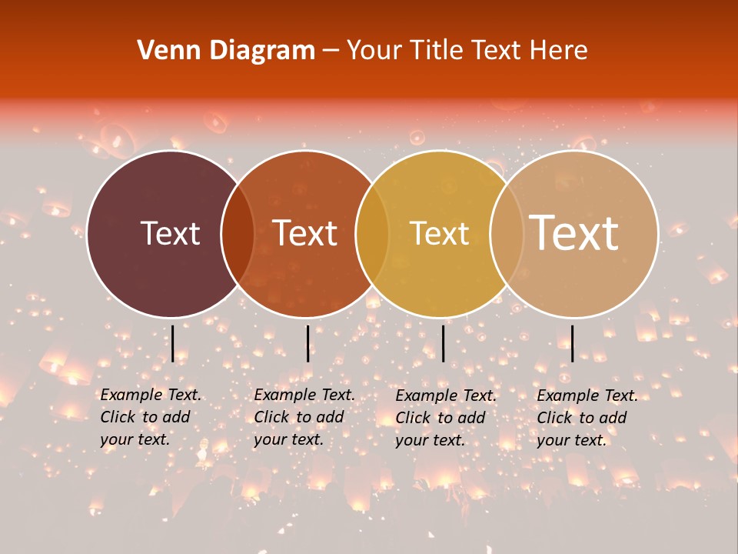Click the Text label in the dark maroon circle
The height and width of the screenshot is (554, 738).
point(170,233)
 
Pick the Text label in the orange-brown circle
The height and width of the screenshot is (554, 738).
point(305,233)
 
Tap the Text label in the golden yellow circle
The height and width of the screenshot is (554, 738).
point(439,233)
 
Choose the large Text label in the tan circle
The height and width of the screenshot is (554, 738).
point(574,232)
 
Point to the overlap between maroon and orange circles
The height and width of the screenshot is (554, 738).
point(237,233)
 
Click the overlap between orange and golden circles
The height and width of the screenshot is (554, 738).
point(372,233)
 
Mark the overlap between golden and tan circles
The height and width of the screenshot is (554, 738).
point(507,233)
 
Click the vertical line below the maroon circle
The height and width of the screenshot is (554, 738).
point(173,343)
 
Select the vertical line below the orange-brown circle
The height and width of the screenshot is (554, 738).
point(307,343)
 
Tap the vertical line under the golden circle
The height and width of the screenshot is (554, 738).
point(443,343)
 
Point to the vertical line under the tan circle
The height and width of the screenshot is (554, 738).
point(572,343)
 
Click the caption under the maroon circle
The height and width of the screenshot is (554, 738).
point(151,417)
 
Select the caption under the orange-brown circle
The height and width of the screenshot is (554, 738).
point(304,417)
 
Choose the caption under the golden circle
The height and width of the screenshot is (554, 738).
point(446,418)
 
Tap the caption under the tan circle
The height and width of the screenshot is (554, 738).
point(587,418)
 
